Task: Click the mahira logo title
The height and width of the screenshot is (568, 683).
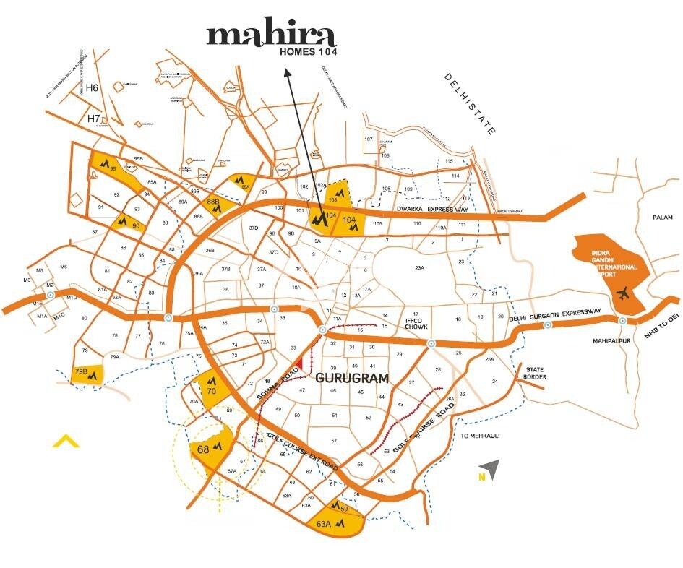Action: pos(271,36)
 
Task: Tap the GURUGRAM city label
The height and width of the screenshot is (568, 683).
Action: pos(352,378)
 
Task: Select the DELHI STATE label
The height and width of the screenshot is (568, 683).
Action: pos(470,104)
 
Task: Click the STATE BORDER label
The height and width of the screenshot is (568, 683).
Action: pos(536,373)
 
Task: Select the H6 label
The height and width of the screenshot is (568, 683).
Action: pos(92,88)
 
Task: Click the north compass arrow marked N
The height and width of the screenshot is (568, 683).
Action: pos(490,470)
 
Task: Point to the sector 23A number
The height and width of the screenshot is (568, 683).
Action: pos(418,268)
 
